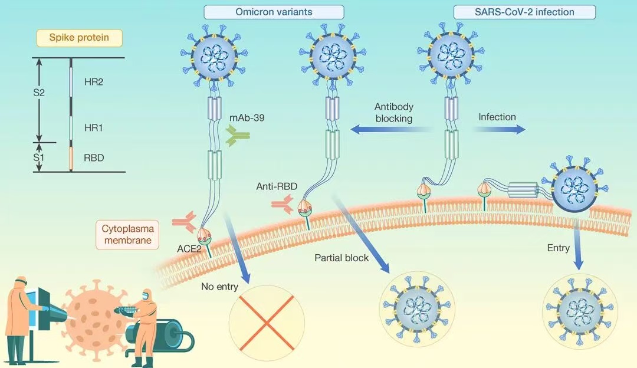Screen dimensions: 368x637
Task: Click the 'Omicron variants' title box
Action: (x=274, y=11)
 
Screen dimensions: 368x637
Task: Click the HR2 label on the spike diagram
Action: (x=94, y=82)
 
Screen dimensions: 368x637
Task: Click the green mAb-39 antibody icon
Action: (x=238, y=136)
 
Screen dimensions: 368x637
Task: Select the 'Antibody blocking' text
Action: (x=393, y=113)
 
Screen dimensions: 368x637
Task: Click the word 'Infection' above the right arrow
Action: (x=497, y=117)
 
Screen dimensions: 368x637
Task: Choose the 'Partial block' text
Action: (x=342, y=258)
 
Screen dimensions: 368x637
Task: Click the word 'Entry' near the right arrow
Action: (x=558, y=248)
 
